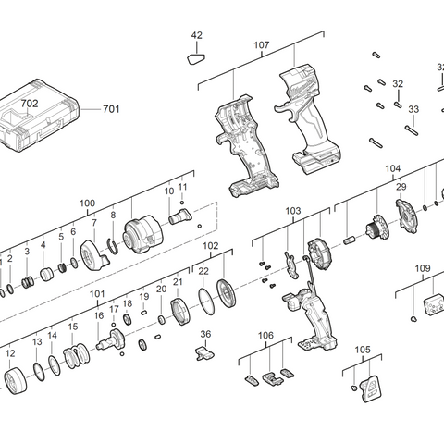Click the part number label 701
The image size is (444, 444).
pyautogui.click(x=111, y=109)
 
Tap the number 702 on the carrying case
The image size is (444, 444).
pyautogui.click(x=31, y=105)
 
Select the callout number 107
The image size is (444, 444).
pyautogui.click(x=261, y=44)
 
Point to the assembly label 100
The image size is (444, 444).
pyautogui.click(x=87, y=203)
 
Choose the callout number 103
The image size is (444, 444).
pyautogui.click(x=293, y=211)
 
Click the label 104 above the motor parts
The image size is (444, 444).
pyautogui.click(x=393, y=169)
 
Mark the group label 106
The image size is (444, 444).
pyautogui.click(x=265, y=335)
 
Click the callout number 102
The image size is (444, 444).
pyautogui.click(x=211, y=246)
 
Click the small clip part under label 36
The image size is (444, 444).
pyautogui.click(x=206, y=352)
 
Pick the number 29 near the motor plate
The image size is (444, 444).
pyautogui.click(x=401, y=188)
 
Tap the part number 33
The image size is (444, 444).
pyautogui.click(x=413, y=110)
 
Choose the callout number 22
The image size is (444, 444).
pyautogui.click(x=203, y=271)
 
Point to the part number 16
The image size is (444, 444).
pyautogui.click(x=98, y=315)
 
